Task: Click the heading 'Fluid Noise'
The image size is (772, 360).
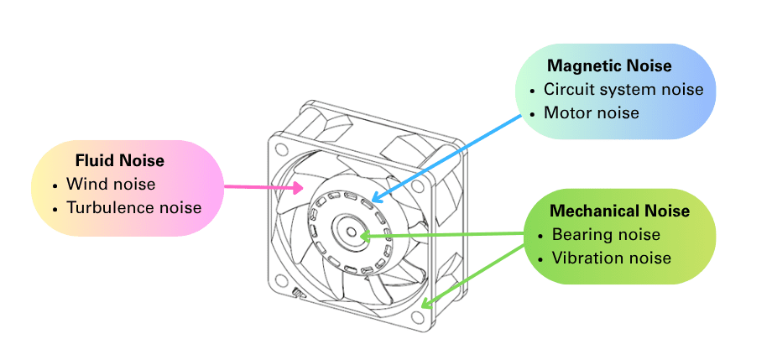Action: pos(119,159)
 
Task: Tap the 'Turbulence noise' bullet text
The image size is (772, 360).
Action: pos(134,206)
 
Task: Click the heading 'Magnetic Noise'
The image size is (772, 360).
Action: pos(609,65)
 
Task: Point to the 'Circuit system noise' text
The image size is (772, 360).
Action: pos(623,89)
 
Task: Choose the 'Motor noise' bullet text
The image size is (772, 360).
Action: pos(591,112)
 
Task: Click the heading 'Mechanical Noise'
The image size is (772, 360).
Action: pos(619,211)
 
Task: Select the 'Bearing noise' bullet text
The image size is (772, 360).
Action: pos(606,234)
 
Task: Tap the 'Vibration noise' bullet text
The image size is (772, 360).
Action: pos(611,258)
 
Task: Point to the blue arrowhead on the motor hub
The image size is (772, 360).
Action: pos(375,198)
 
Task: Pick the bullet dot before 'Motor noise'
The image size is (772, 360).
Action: pos(531,113)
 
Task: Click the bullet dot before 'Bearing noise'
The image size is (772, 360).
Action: pos(540,235)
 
